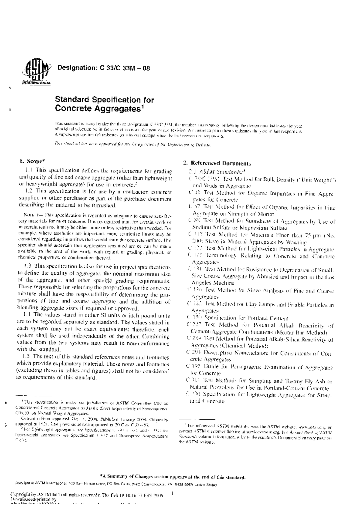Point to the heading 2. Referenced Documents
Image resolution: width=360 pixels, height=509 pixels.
coord(217,163)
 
